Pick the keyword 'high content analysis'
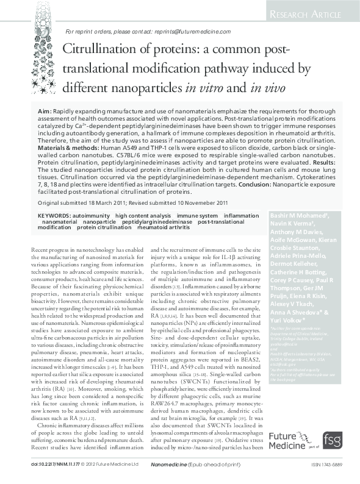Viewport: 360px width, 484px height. click(143, 216)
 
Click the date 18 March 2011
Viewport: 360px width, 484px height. click(113, 202)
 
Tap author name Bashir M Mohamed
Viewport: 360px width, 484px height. click(298, 216)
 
